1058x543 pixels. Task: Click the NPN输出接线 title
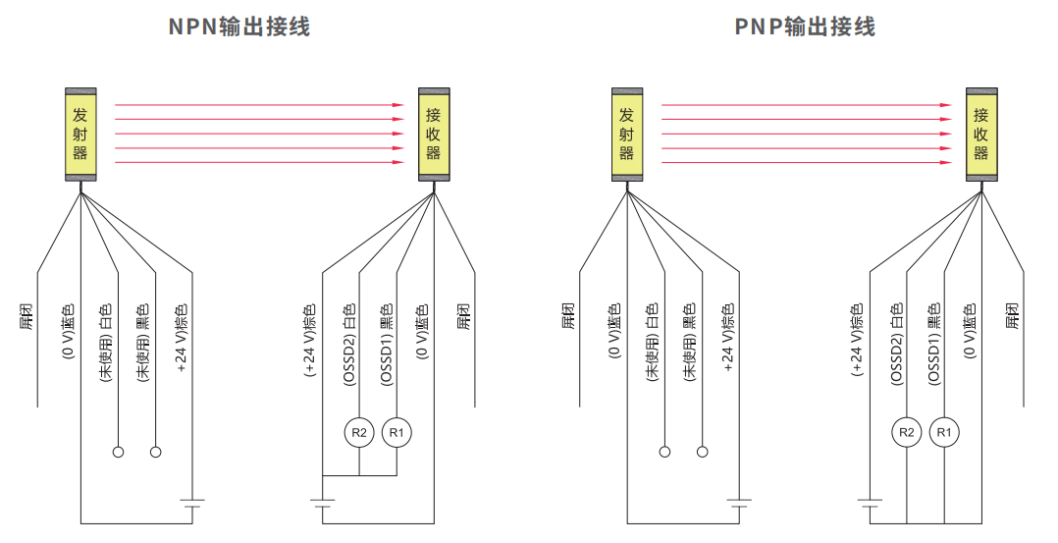239,27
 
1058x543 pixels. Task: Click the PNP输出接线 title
805,27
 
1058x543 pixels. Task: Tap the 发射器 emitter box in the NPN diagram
79,134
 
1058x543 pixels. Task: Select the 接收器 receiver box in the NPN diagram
433,134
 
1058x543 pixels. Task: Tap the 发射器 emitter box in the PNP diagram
626,134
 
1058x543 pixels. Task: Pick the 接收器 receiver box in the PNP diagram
979,134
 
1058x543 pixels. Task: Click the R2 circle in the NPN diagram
359,432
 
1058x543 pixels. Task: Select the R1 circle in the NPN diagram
397,432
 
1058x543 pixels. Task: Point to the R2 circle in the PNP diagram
906,432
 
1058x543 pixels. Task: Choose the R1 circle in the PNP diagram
943,432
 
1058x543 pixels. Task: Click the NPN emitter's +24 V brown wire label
182,339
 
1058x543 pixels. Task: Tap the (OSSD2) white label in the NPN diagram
347,345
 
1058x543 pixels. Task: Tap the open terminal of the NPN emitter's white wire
118,452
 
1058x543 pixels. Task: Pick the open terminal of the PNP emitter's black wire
702,452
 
